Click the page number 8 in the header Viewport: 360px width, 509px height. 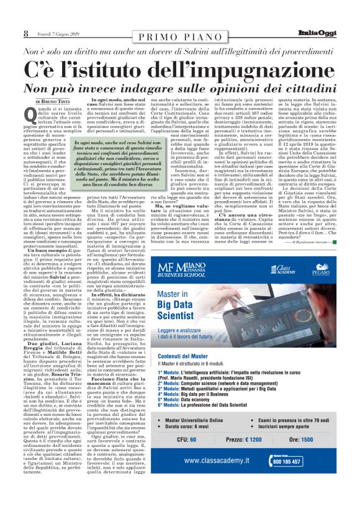coord(9,33)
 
